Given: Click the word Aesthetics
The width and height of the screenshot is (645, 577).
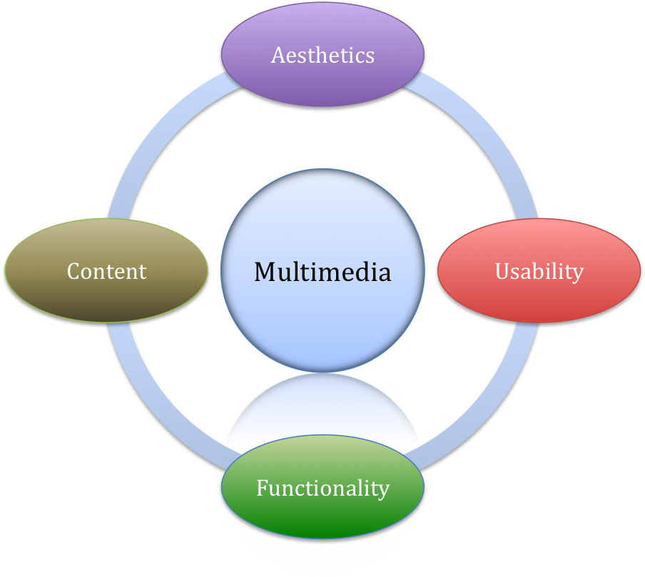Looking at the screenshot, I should (322, 55).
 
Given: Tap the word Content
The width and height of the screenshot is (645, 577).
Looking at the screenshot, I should (106, 271).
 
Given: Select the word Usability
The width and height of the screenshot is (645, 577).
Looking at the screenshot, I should (539, 271).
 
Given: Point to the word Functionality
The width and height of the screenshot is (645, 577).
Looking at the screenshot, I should (322, 488).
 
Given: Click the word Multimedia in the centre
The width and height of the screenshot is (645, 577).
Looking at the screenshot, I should (322, 272).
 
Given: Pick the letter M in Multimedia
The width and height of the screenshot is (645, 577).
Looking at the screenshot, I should (265, 272).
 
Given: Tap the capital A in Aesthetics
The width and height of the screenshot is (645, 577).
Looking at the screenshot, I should (278, 55).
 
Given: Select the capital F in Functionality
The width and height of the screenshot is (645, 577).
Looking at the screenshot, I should (262, 488).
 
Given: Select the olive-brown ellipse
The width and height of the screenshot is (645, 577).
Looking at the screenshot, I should (106, 300).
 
